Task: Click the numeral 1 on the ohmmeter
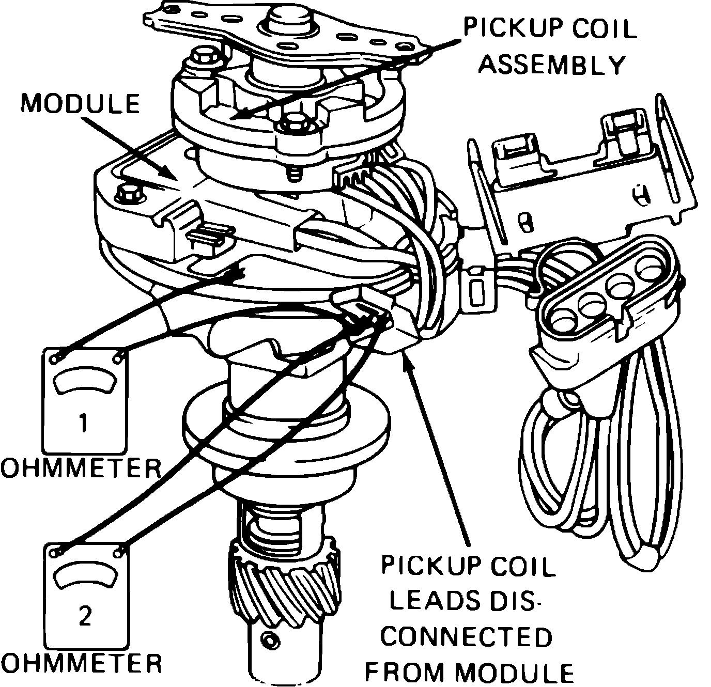tap(84, 423)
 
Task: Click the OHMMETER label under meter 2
tap(81, 663)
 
